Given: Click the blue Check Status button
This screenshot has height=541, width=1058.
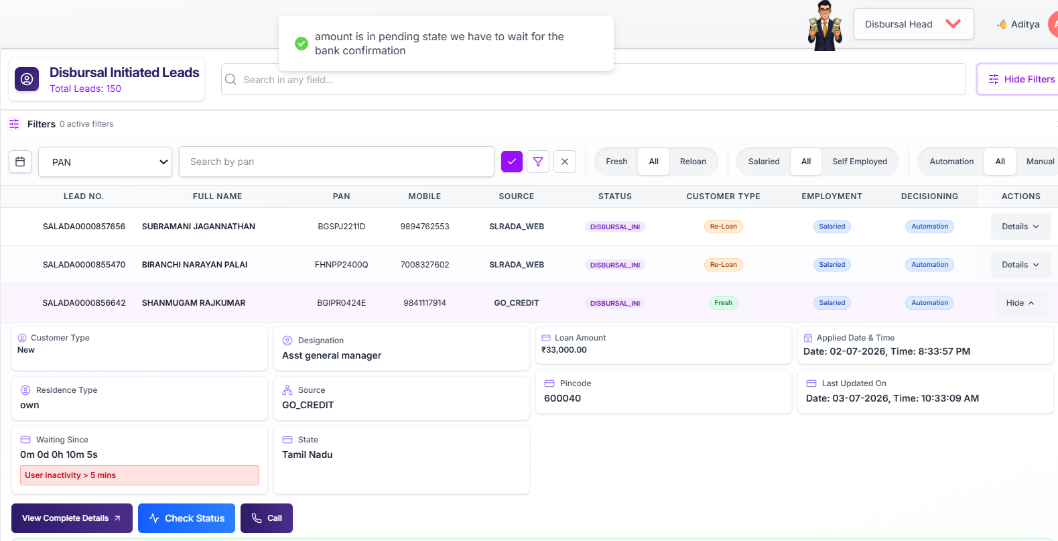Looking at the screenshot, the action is click(x=186, y=518).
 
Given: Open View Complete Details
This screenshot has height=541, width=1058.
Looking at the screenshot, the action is click(x=72, y=518).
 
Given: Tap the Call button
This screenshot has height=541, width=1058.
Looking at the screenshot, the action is click(x=267, y=518).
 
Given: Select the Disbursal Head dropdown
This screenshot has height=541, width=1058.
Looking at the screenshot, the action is click(x=913, y=24).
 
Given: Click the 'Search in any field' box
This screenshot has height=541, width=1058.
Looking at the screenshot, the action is click(x=593, y=79).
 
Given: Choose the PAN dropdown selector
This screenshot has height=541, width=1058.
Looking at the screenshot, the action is click(x=105, y=162).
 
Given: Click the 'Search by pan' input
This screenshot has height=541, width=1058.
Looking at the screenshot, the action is click(x=337, y=162).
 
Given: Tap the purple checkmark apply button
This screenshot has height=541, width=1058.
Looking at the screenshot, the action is click(x=511, y=162).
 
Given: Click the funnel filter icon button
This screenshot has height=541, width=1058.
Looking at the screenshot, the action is click(x=538, y=162).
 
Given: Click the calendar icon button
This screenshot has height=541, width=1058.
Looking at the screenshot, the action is click(x=20, y=162).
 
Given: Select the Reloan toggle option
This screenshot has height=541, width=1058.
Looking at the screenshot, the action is click(x=693, y=162).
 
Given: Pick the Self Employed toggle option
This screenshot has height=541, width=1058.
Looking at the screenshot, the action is click(x=860, y=162).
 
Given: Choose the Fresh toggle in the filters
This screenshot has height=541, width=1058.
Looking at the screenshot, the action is click(x=616, y=162).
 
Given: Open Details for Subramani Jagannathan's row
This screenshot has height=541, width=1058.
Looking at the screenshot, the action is click(x=1020, y=227).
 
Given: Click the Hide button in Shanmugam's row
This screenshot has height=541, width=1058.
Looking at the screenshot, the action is click(x=1020, y=303).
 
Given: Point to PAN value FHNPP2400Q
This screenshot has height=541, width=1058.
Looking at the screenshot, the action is click(x=342, y=265).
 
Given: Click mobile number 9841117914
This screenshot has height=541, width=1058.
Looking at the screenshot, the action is click(x=425, y=303).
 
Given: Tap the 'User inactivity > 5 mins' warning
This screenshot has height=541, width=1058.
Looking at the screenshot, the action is click(x=139, y=475).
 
